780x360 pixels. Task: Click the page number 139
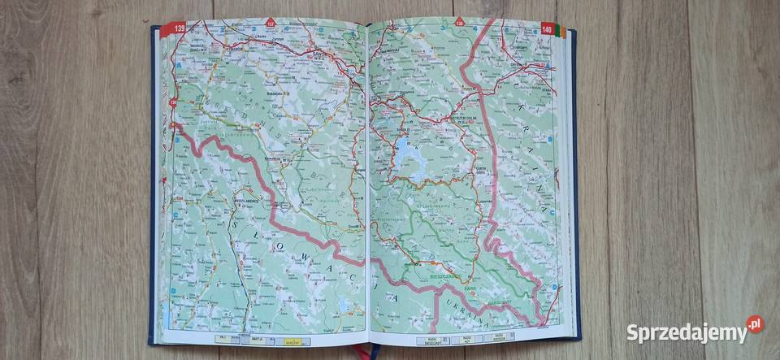(173, 29)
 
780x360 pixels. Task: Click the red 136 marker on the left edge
(173, 102)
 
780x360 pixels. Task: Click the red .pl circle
(756, 323)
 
